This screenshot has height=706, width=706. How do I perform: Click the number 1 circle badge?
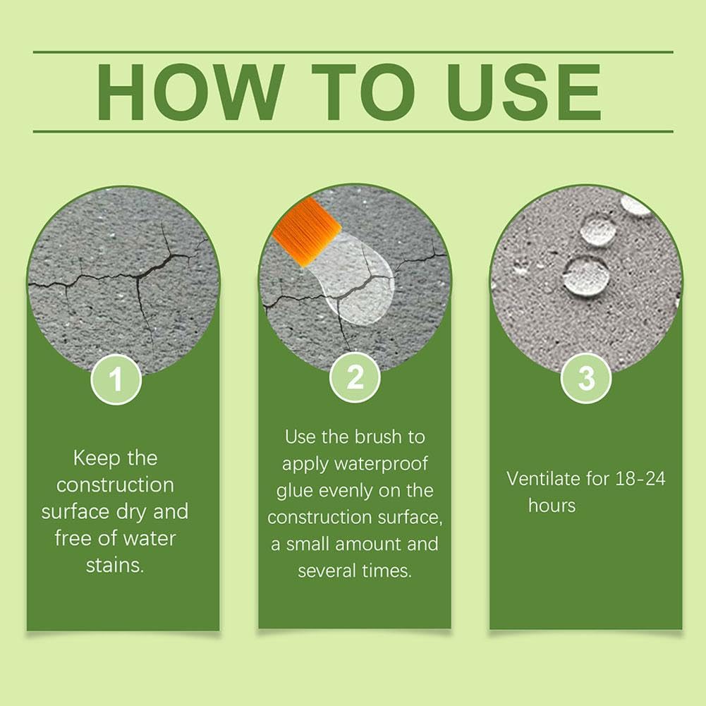pos(116,379)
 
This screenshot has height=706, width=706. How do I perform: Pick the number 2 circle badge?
pos(355,377)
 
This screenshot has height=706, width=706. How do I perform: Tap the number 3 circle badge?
pos(586,377)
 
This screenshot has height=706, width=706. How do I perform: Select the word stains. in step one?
pos(115,566)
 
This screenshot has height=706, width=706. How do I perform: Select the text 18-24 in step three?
pos(640,479)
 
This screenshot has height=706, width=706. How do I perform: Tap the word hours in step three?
pos(552,505)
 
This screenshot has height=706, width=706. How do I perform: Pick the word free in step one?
pos(73,539)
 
